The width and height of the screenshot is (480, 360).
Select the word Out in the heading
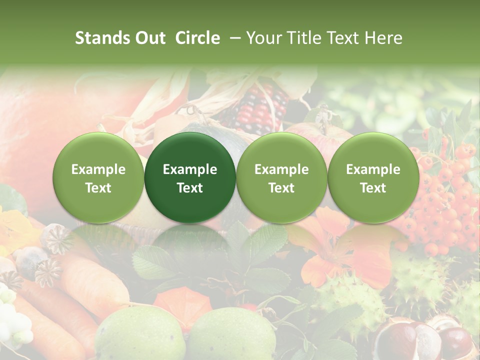[148, 38]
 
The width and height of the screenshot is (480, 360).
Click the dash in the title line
[232, 38]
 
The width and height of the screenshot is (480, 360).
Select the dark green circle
[190, 178]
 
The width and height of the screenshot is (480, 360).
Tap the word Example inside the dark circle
[190, 169]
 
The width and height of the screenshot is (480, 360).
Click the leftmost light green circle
[98, 178]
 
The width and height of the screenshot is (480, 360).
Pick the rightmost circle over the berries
[373, 178]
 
